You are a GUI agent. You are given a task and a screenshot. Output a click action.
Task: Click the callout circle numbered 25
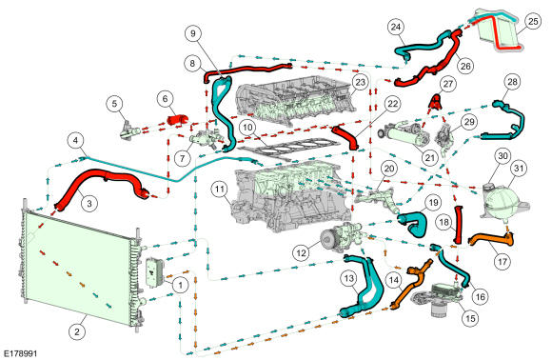click(x=533, y=22)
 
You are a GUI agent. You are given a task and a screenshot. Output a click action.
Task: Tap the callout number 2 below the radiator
click(x=77, y=331)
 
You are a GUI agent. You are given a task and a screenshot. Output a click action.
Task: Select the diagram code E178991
click(x=20, y=353)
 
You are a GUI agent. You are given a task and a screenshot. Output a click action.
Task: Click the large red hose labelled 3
click(x=102, y=183)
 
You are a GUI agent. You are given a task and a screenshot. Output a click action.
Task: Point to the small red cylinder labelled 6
click(x=177, y=119)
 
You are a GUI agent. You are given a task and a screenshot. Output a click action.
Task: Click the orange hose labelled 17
click(x=493, y=240)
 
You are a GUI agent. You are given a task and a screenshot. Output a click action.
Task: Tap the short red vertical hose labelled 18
click(x=458, y=226)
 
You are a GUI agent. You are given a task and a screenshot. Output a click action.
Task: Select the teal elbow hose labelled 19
click(x=415, y=222)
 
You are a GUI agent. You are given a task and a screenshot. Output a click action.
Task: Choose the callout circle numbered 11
click(x=220, y=190)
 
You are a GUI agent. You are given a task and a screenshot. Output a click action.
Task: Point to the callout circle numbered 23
click(x=361, y=83)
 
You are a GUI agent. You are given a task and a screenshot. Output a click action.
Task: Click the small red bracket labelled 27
click(x=436, y=102)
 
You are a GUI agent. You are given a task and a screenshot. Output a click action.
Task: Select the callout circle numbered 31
click(x=519, y=169)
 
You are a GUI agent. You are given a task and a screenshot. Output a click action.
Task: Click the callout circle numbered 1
click(x=181, y=284)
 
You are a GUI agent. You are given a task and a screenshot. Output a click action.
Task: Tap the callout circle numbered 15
click(x=470, y=318)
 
